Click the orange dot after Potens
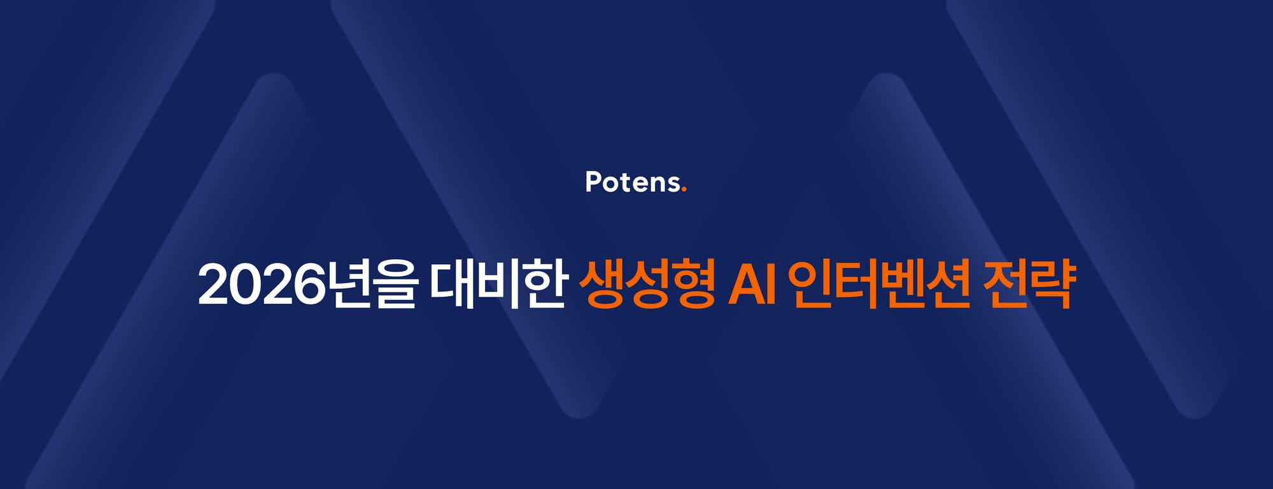[x=684, y=189]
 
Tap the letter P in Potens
[x=593, y=181]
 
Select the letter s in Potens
[x=672, y=184]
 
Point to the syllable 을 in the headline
[x=396, y=284]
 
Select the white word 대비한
[x=498, y=284]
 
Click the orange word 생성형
[x=647, y=284]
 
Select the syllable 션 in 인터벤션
[x=949, y=284]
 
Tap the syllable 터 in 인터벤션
[x=857, y=284]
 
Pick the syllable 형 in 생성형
[x=693, y=284]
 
